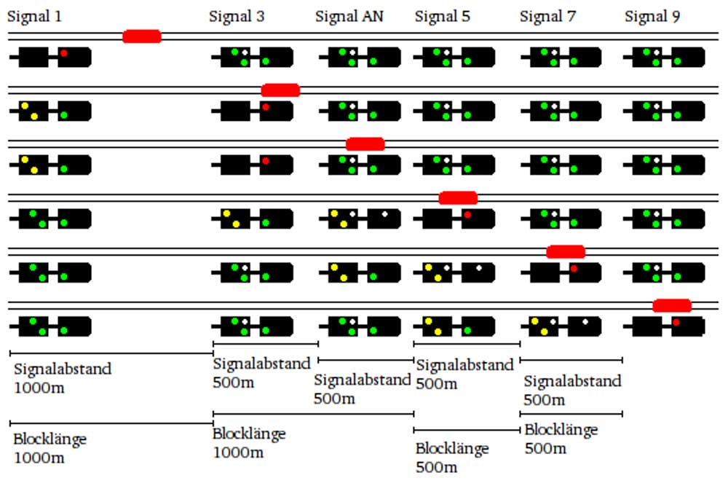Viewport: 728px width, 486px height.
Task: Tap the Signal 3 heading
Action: pos(237,16)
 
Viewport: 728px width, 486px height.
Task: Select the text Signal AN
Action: pos(349,16)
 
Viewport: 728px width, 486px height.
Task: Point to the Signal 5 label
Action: pos(443,16)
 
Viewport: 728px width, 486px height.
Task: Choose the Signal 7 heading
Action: pos(547,16)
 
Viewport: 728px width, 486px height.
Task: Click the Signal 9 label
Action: pos(652,16)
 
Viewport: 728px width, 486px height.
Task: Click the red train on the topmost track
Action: pos(141,36)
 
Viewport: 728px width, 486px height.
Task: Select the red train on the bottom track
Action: pos(671,305)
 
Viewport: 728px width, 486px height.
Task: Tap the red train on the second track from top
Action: pos(280,90)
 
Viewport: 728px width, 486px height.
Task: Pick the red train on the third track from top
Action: pos(365,144)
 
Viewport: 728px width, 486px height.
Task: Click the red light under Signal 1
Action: pos(64,53)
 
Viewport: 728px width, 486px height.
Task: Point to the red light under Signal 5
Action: pos(467,215)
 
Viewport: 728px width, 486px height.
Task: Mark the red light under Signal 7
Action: pos(574,269)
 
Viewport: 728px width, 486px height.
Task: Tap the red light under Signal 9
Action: pos(676,322)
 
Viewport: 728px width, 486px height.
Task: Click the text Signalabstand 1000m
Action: pos(63,377)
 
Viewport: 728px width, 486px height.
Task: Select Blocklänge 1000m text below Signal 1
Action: pos(50,448)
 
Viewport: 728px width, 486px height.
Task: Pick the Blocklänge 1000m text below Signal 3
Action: pos(249,443)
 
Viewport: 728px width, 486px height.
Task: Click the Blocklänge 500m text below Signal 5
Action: pos(451,457)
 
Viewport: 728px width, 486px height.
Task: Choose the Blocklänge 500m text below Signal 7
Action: pos(561,439)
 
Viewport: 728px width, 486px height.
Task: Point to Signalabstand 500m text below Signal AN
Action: pos(362,388)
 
